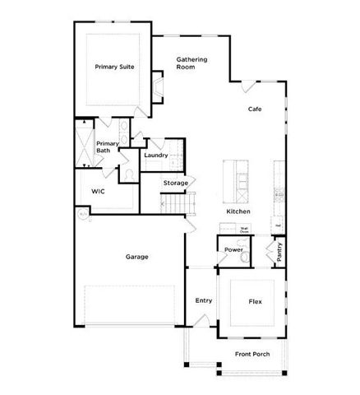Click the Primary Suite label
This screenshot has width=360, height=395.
click(x=114, y=67)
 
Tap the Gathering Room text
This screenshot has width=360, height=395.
click(x=192, y=63)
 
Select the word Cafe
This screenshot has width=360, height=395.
click(x=255, y=109)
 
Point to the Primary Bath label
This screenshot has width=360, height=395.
click(x=108, y=147)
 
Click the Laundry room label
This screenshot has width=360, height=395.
click(x=155, y=155)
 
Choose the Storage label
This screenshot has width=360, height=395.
click(x=175, y=183)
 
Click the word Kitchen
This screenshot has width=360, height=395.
click(x=238, y=211)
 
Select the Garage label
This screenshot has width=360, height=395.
click(x=136, y=257)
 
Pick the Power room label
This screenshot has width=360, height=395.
click(x=233, y=249)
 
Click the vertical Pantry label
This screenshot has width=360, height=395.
click(x=280, y=251)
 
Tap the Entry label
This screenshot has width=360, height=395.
click(x=204, y=300)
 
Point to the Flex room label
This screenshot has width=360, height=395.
click(x=255, y=302)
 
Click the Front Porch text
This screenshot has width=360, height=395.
click(x=252, y=354)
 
